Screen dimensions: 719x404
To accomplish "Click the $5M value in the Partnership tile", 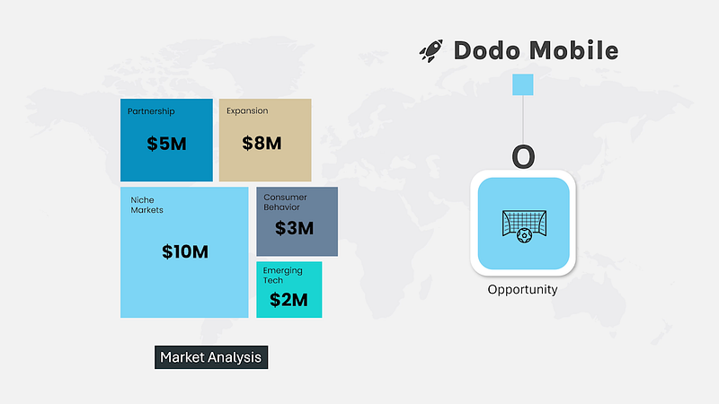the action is coord(166,144).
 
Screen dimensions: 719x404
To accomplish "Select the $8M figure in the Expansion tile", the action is coord(262,144).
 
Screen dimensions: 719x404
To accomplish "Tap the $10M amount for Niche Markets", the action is coord(185,251).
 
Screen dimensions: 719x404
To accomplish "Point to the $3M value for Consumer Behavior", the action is coord(294,228).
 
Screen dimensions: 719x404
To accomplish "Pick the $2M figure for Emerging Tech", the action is coord(288,300).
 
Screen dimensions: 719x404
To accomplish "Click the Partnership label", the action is coord(151,111).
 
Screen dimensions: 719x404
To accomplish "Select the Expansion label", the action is coord(247,110).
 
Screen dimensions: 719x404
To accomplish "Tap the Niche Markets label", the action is coord(146,206).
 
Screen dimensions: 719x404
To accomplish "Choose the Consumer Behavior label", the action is coord(285,202).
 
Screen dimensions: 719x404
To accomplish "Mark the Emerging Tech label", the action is coord(282,276).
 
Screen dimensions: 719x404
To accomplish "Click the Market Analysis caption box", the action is coord(211,357).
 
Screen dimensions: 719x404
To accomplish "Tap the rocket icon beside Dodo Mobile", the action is coord(431,50).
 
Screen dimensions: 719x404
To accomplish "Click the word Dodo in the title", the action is coord(488,50).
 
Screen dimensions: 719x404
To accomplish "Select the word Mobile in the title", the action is coord(573,50).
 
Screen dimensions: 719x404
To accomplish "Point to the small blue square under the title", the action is coord(523,84).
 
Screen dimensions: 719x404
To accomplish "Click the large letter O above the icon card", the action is coord(523,156).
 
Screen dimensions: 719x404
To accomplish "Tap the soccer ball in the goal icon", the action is coord(524,236).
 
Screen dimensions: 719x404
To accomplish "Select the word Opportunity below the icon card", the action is coord(522,289).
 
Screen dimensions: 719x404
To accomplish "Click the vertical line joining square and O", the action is coord(523,120).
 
